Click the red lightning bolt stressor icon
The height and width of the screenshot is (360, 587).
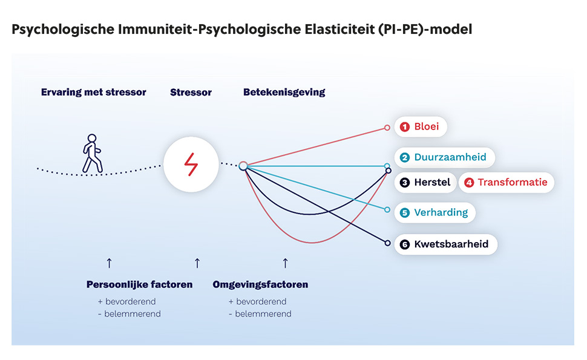pos(191,165)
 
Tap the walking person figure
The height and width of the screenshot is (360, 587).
pos(92,154)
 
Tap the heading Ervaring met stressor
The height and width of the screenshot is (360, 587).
pos(94,92)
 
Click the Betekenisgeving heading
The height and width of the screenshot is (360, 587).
pos(284,92)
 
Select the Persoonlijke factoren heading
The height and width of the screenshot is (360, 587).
pos(139,284)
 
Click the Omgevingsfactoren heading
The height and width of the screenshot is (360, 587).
pos(260,284)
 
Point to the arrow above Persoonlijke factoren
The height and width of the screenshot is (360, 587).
pos(110,263)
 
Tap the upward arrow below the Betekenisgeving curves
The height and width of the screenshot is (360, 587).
pos(285,263)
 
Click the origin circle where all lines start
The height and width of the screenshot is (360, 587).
pos(243,166)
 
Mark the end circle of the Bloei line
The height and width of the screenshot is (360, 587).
pos(387,128)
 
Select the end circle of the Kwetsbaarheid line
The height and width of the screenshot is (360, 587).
pos(387,243)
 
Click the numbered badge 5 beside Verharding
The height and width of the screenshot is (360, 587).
pos(405,212)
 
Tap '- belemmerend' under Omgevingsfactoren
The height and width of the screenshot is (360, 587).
pos(260,314)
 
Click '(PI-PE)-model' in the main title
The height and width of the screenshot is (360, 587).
pos(425,29)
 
